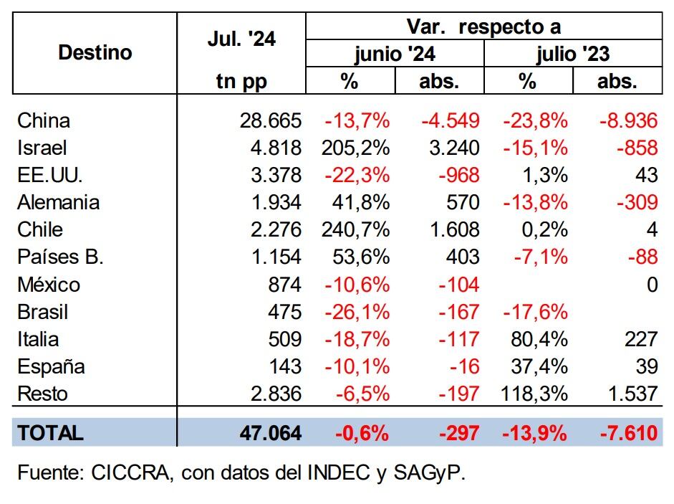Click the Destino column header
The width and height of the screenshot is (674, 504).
click(x=95, y=52)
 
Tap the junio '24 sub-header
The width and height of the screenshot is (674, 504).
click(x=395, y=54)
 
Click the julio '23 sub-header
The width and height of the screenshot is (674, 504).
click(x=573, y=54)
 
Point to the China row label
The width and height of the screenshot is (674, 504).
click(x=44, y=120)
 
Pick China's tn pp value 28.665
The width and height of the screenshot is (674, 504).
click(x=271, y=120)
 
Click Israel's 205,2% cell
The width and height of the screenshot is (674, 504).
click(x=356, y=148)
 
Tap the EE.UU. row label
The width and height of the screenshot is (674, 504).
click(x=49, y=175)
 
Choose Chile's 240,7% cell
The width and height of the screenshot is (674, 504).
click(x=356, y=229)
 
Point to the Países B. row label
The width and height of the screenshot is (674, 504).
click(x=61, y=257)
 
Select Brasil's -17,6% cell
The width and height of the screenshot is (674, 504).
click(x=535, y=312)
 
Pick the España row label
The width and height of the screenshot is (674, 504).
click(x=51, y=366)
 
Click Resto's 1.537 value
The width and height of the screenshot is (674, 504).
click(x=628, y=394)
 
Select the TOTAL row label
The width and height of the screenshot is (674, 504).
click(x=50, y=433)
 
